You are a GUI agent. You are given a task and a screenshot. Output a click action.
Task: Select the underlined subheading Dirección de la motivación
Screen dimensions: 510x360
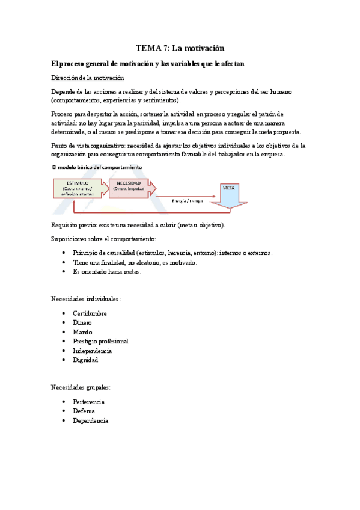[x=87, y=78]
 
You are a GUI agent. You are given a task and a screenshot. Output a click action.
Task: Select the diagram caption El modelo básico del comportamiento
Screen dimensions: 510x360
[x=97, y=167]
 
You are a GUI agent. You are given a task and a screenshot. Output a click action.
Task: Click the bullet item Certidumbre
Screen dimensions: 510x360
[x=90, y=313]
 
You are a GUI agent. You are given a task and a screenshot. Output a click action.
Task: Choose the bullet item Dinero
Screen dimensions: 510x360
[x=82, y=323]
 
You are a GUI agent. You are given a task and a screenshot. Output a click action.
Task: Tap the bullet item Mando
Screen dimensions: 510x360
[x=82, y=332]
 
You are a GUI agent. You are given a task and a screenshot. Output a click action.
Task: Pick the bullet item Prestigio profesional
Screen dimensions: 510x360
[x=100, y=341]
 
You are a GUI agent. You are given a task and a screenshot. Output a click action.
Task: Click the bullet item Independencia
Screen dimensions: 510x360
[x=92, y=351]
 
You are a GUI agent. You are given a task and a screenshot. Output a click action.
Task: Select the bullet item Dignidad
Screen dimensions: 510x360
[x=85, y=360]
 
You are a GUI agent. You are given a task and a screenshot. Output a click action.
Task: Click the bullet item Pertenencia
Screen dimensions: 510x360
[x=88, y=401]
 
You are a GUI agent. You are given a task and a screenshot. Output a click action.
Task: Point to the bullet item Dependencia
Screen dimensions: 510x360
[x=90, y=420]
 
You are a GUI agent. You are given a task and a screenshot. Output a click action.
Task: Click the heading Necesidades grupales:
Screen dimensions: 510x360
[x=80, y=387]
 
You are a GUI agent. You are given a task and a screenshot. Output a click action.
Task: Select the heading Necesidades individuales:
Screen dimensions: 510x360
[x=85, y=298]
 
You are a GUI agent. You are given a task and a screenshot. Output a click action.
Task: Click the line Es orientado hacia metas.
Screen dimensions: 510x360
[x=107, y=272]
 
